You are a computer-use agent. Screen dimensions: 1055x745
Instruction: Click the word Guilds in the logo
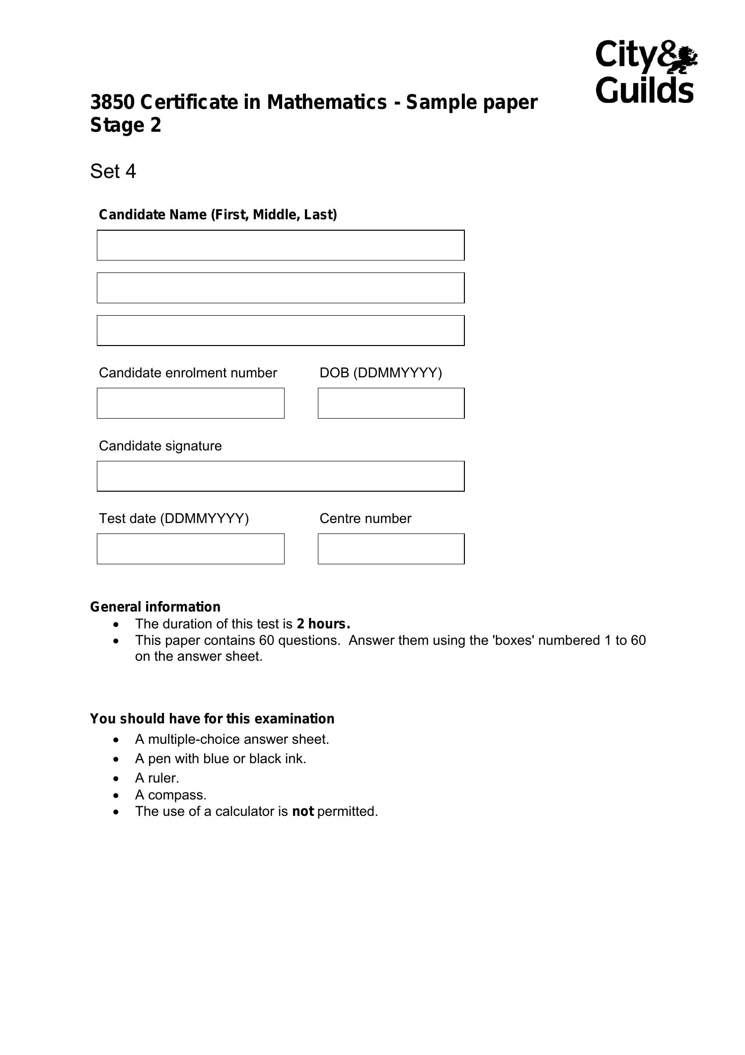[644, 90]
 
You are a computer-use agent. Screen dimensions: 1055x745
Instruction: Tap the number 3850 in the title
[112, 102]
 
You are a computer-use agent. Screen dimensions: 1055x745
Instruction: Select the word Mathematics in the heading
[327, 102]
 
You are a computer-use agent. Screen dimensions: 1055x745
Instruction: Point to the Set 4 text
[113, 172]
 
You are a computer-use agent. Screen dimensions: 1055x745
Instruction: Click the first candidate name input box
[281, 245]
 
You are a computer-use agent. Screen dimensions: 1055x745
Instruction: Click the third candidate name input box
[281, 331]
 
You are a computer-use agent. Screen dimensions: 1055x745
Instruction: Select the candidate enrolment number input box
[190, 403]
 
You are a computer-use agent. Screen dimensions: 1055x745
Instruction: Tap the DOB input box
[391, 403]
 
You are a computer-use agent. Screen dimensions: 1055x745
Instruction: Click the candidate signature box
[281, 476]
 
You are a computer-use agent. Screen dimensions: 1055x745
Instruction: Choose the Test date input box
[190, 549]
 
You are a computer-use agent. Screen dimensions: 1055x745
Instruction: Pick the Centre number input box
[391, 549]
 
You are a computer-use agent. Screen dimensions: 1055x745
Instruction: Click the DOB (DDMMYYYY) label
[380, 373]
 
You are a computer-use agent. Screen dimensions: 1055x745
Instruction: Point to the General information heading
[155, 607]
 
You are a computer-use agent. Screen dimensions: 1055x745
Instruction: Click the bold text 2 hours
[323, 624]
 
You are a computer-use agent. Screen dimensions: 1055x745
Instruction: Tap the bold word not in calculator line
[302, 811]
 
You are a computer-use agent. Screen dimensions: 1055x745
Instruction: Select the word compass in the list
[177, 795]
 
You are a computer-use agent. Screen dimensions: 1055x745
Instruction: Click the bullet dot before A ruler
[116, 779]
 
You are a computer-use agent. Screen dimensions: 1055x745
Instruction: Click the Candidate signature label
[160, 446]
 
